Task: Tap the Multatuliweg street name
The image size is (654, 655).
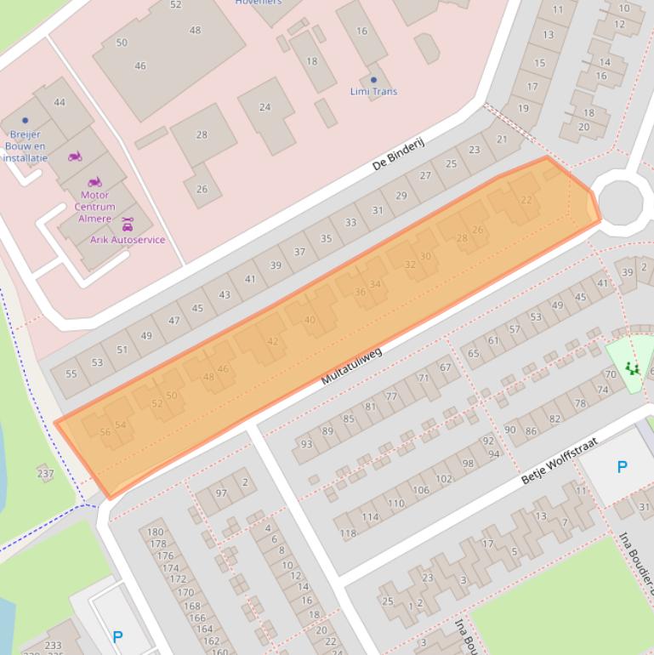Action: pyautogui.click(x=351, y=366)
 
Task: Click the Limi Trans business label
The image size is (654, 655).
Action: pyautogui.click(x=373, y=91)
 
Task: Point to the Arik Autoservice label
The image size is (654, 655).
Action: pyautogui.click(x=128, y=240)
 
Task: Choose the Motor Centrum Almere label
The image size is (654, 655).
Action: pyautogui.click(x=94, y=207)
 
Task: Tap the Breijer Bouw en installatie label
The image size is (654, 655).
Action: pyautogui.click(x=26, y=145)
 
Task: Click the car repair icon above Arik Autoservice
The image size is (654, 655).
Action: pyautogui.click(x=128, y=225)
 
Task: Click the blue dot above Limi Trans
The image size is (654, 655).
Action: pyautogui.click(x=373, y=80)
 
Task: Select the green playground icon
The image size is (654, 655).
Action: pyautogui.click(x=631, y=367)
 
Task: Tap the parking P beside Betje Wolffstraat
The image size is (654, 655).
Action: pyautogui.click(x=622, y=467)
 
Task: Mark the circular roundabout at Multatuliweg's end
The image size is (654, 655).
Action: pyautogui.click(x=620, y=202)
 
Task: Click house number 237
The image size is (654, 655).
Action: pyautogui.click(x=45, y=474)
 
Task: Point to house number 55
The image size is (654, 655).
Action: pyautogui.click(x=71, y=374)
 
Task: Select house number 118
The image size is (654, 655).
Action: pyautogui.click(x=348, y=533)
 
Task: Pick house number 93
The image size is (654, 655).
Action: pyautogui.click(x=306, y=444)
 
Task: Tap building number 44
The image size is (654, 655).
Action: pyautogui.click(x=59, y=102)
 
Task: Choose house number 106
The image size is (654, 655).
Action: pyautogui.click(x=421, y=490)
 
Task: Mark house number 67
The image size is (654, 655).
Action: pyautogui.click(x=446, y=367)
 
